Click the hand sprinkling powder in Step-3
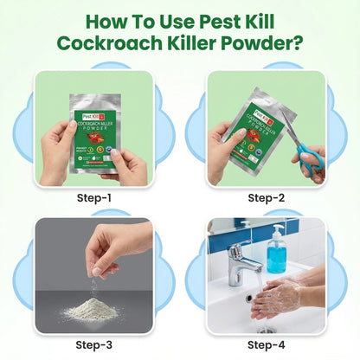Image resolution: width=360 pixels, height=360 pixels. tap(117, 243)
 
